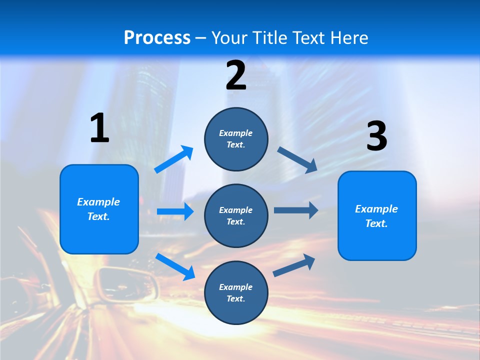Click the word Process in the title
click(157, 37)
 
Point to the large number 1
click(99, 128)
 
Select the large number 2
click(236, 75)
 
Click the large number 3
click(377, 136)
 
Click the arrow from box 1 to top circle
click(174, 159)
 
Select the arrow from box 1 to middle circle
click(175, 212)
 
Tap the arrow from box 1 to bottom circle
click(175, 266)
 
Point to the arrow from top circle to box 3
click(297, 159)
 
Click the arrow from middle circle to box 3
click(296, 210)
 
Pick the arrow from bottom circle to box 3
click(294, 265)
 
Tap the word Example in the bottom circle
click(236, 287)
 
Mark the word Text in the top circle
click(235, 144)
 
